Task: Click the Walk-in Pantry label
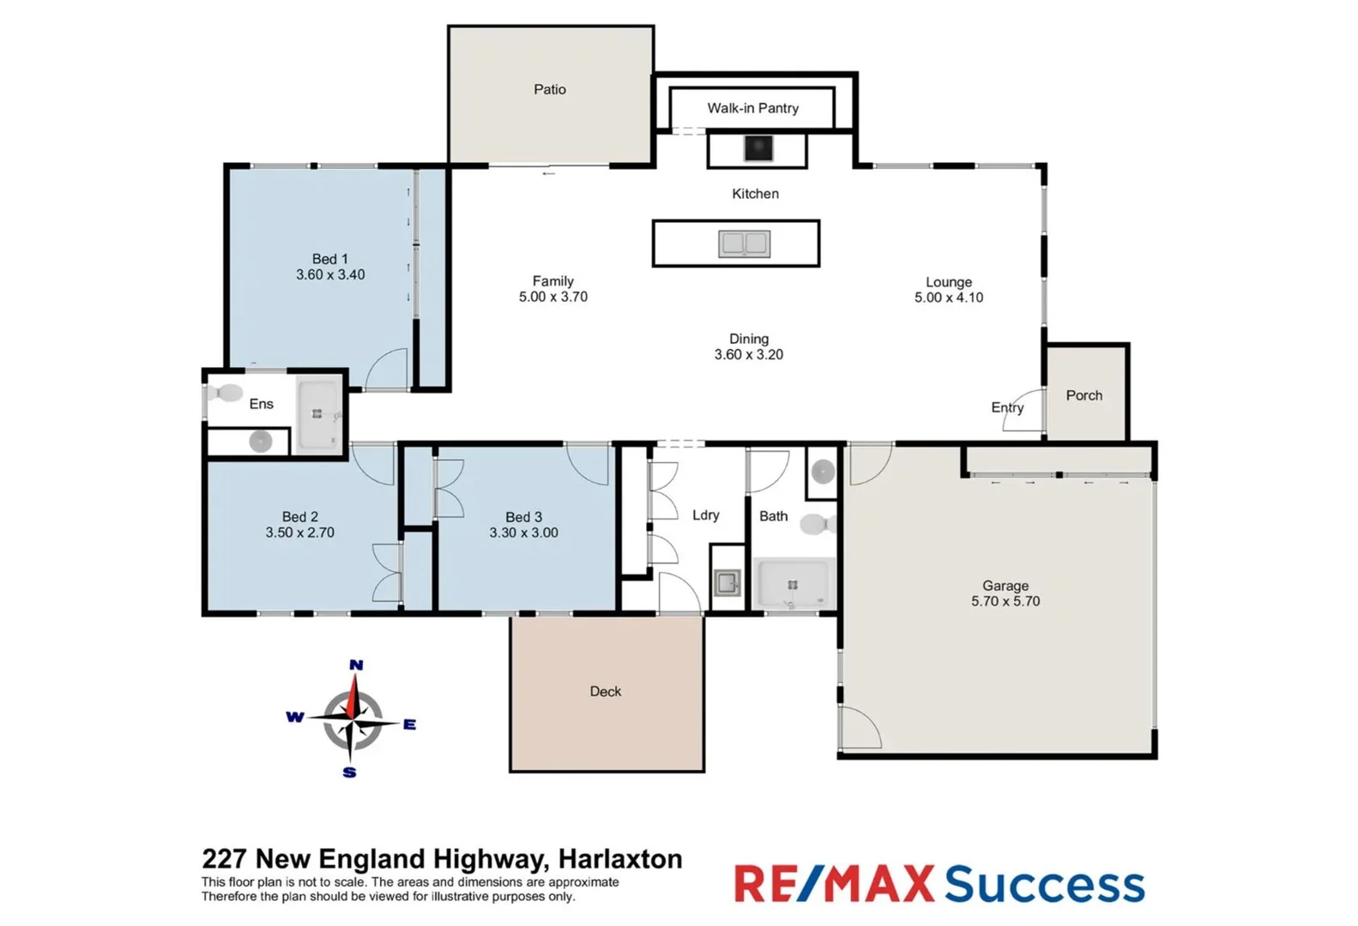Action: tap(752, 108)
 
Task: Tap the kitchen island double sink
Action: tap(744, 244)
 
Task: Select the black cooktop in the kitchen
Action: tap(757, 148)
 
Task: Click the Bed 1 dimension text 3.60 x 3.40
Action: tap(330, 275)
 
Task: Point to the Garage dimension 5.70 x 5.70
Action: tap(1005, 602)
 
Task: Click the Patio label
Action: tap(550, 89)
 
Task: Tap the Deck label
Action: tap(606, 692)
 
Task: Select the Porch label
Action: tap(1084, 395)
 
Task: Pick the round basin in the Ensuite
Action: tap(261, 442)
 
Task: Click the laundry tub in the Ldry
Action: tap(727, 584)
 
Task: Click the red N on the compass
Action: tap(356, 665)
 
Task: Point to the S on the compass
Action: tap(349, 773)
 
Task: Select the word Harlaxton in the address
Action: tap(620, 859)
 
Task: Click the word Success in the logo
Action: tap(1044, 885)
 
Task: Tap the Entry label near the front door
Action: tap(1007, 407)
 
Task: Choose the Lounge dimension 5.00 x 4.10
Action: tap(949, 298)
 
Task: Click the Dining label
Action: tap(749, 339)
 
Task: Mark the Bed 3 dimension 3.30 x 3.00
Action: tap(523, 533)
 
